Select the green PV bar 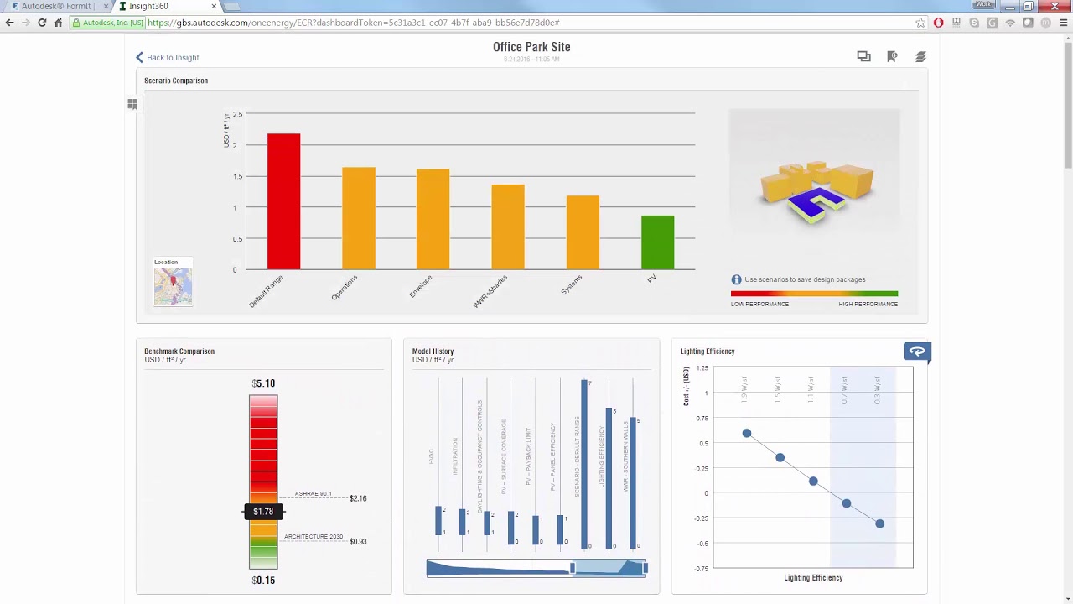[657, 242]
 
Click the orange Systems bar [583, 232]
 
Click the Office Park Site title [531, 47]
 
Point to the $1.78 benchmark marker [263, 512]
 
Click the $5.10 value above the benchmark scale [263, 383]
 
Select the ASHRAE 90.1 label [313, 494]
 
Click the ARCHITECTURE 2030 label [313, 537]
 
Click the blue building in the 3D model [816, 202]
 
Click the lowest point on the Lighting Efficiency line [879, 523]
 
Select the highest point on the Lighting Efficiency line [747, 433]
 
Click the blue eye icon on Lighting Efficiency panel [917, 351]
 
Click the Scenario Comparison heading [176, 81]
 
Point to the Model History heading [433, 351]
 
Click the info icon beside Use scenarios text [736, 279]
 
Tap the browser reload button [42, 23]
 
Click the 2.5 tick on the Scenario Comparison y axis [238, 114]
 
